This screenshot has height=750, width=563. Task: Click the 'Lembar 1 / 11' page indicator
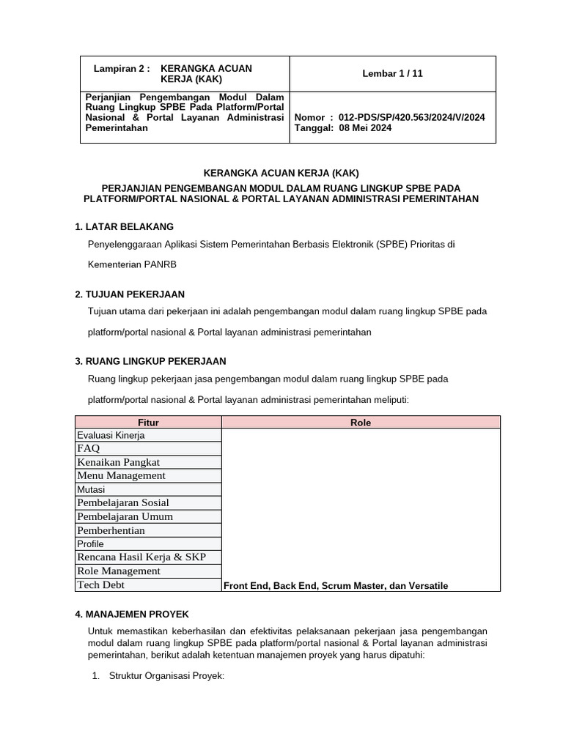point(392,73)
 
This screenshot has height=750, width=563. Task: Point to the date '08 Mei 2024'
point(365,127)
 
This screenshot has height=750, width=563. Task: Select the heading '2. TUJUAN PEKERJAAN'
point(125,294)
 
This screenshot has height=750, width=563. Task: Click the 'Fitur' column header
point(148,423)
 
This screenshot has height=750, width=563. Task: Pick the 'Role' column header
point(361,423)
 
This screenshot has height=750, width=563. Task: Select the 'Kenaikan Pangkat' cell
point(118,462)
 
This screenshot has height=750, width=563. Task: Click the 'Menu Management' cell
point(121,475)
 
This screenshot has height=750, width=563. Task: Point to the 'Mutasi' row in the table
point(91,489)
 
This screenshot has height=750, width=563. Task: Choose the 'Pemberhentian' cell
point(111,530)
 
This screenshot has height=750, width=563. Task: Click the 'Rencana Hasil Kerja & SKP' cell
point(141,557)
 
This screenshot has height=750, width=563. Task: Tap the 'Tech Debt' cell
point(100,584)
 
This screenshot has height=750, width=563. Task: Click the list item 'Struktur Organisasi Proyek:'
point(166,676)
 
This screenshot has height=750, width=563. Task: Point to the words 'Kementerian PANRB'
point(132,264)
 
